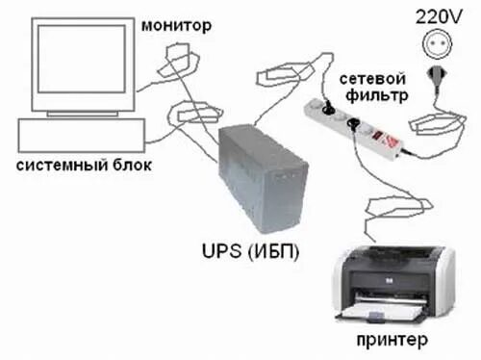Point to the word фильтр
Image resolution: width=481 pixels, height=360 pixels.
(x=377, y=95)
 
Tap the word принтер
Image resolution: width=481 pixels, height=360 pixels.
(x=393, y=342)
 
